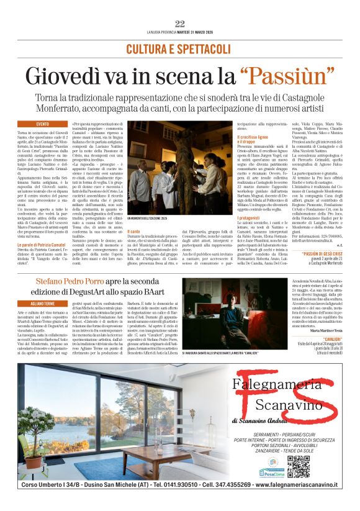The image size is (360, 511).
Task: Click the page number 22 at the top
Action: (180, 24)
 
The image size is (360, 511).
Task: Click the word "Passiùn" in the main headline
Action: (286, 76)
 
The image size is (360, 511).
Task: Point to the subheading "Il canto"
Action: (134, 231)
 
